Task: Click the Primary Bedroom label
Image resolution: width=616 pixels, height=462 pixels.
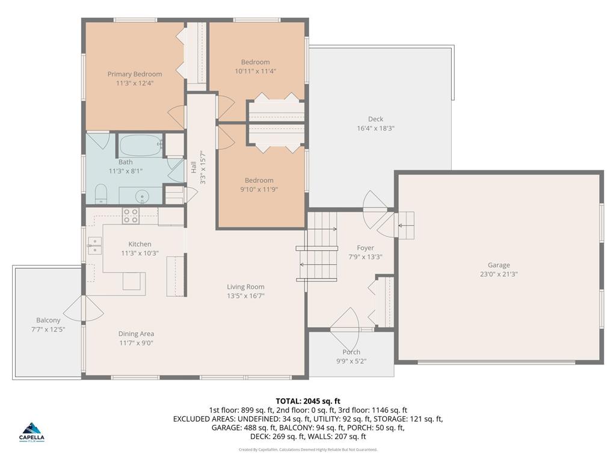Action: pyautogui.click(x=135, y=74)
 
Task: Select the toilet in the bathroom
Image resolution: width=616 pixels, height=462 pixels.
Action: pyautogui.click(x=100, y=194)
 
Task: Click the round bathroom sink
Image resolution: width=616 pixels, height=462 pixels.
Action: pyautogui.click(x=142, y=196)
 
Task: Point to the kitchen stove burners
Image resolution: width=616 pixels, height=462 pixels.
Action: pyautogui.click(x=131, y=215)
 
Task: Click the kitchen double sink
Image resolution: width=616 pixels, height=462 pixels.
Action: pyautogui.click(x=94, y=245)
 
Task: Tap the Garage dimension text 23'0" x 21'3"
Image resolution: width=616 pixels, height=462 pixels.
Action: pyautogui.click(x=499, y=274)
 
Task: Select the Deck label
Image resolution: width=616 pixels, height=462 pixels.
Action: pyautogui.click(x=375, y=119)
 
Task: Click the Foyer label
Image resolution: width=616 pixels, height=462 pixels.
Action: pyautogui.click(x=365, y=248)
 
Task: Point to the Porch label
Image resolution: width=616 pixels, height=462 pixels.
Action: pyautogui.click(x=351, y=352)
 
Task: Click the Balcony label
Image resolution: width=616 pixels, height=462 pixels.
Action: pyautogui.click(x=48, y=320)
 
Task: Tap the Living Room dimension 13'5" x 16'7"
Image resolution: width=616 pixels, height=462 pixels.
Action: pyautogui.click(x=245, y=295)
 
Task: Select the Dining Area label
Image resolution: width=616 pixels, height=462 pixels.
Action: pyautogui.click(x=136, y=334)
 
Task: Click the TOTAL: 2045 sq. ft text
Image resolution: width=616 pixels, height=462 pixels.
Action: pyautogui.click(x=308, y=401)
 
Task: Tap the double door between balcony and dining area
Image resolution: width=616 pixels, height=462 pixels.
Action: pyautogui.click(x=82, y=309)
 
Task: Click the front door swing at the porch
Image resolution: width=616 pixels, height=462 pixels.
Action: pyautogui.click(x=345, y=321)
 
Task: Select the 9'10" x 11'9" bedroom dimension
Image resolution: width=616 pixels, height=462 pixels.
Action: pyautogui.click(x=259, y=189)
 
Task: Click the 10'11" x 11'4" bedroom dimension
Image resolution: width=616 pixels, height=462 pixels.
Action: pyautogui.click(x=256, y=70)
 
